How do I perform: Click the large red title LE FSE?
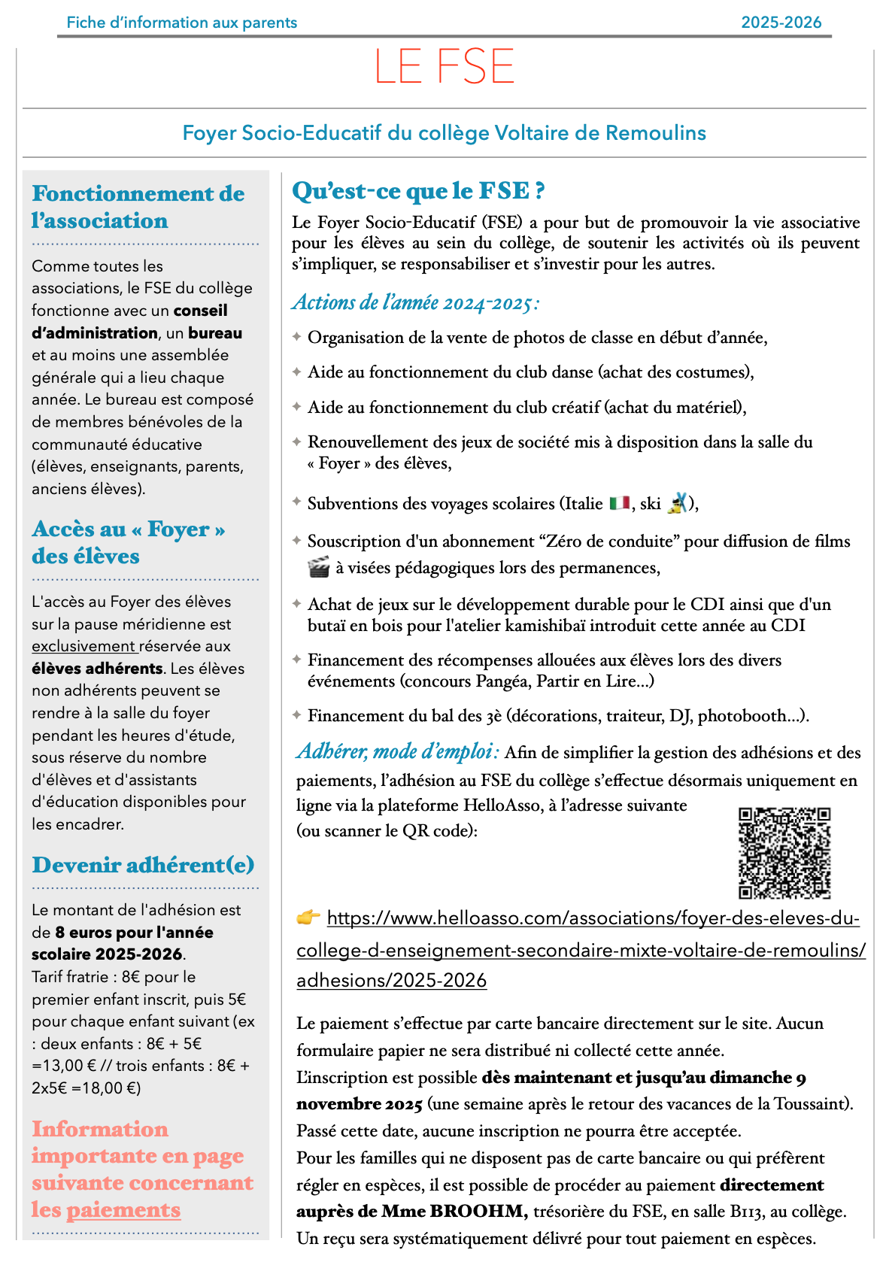click(444, 67)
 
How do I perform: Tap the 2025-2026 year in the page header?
click(781, 23)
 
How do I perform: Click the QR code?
click(784, 853)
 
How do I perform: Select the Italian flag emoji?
click(620, 503)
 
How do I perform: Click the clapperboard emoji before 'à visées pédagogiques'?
click(319, 568)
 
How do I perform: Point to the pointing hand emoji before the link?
click(308, 918)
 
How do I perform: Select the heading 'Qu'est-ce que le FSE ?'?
click(418, 191)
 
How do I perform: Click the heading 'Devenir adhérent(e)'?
click(143, 865)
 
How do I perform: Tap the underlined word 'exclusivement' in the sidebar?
click(83, 646)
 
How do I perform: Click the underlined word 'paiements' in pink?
click(123, 1209)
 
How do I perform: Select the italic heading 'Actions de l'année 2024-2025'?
click(416, 302)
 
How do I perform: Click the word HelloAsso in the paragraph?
click(502, 805)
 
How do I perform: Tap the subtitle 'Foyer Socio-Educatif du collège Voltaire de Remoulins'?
click(444, 133)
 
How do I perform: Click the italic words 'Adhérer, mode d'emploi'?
click(397, 751)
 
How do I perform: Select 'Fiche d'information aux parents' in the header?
click(182, 23)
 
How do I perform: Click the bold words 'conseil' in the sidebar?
click(200, 311)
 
